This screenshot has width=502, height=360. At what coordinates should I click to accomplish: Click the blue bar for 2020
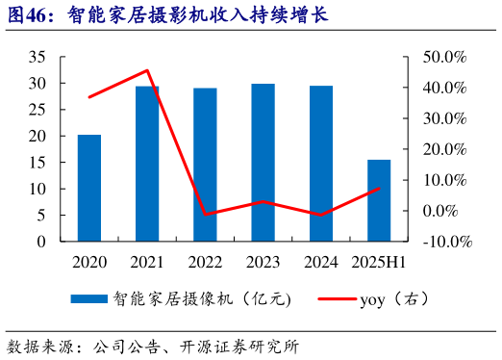pyautogui.click(x=89, y=188)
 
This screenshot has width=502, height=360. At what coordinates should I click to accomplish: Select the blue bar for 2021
pyautogui.click(x=147, y=164)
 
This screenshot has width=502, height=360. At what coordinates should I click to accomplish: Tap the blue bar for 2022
pyautogui.click(x=205, y=165)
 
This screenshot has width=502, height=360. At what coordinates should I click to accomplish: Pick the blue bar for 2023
pyautogui.click(x=263, y=163)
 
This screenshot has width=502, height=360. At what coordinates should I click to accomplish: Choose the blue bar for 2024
pyautogui.click(x=321, y=164)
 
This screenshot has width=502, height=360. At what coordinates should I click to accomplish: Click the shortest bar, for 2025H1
pyautogui.click(x=379, y=200)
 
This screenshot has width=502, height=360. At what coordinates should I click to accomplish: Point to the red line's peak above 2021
pyautogui.click(x=147, y=70)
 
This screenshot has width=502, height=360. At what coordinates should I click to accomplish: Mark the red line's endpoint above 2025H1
pyautogui.click(x=380, y=188)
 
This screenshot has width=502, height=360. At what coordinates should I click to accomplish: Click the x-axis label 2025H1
pyautogui.click(x=379, y=262)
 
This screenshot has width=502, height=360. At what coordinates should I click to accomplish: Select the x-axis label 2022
pyautogui.click(x=205, y=262)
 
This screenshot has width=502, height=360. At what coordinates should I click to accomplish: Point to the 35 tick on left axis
pyautogui.click(x=38, y=57)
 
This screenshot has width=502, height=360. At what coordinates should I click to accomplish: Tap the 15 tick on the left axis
pyautogui.click(x=38, y=163)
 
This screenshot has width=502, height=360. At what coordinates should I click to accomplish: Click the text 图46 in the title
pyautogui.click(x=29, y=15)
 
